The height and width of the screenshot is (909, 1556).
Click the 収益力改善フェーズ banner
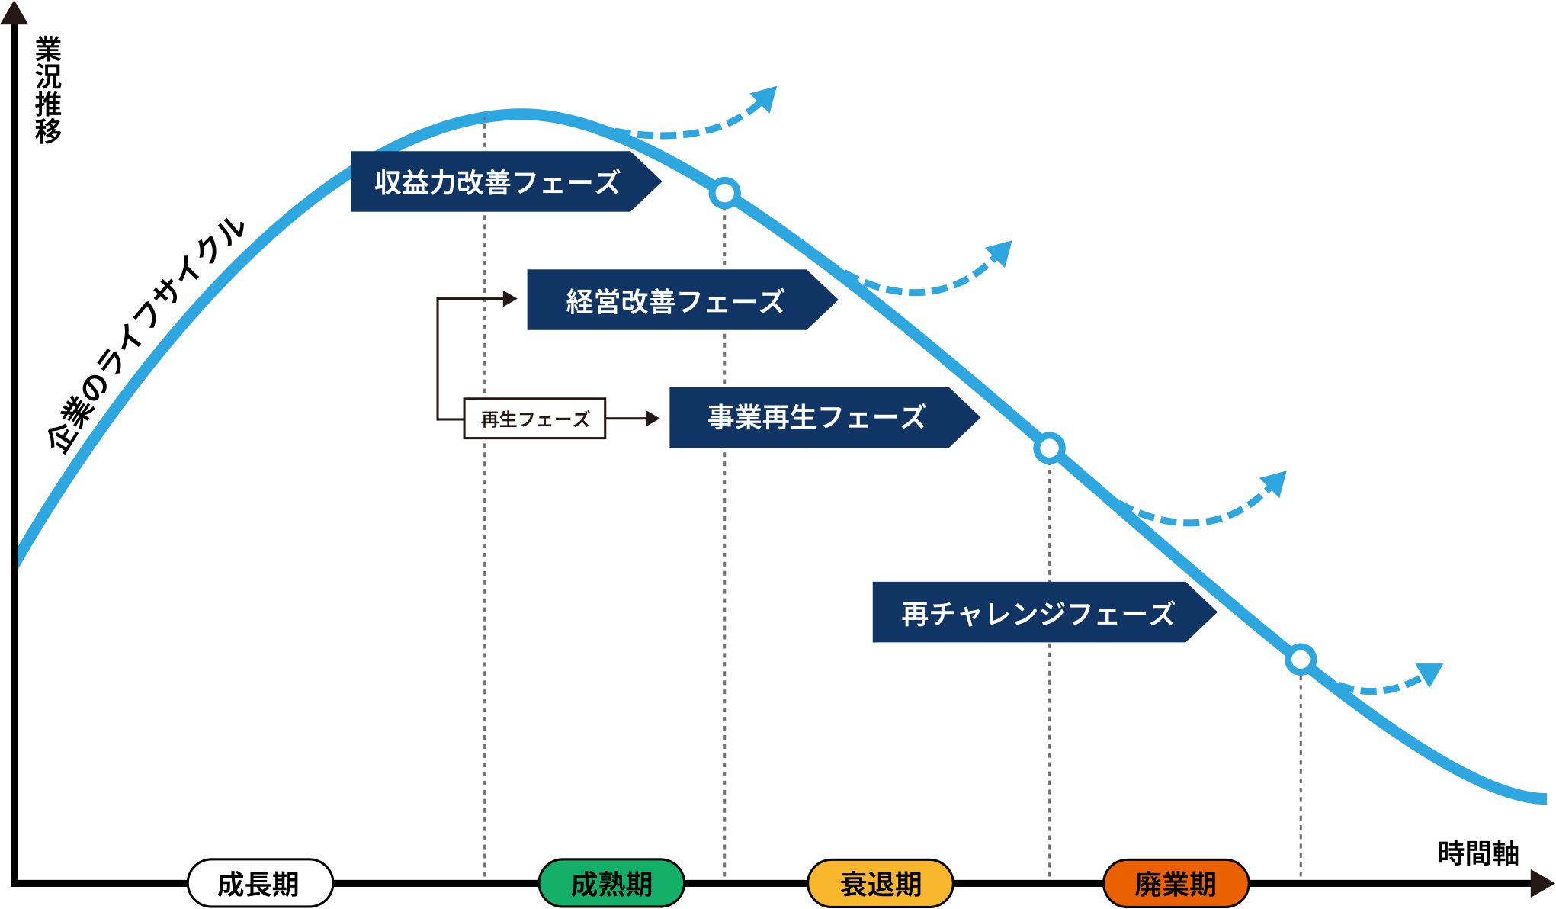(x=496, y=182)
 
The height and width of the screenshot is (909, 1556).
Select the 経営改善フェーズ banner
(x=674, y=300)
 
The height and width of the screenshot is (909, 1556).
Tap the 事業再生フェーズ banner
(x=816, y=417)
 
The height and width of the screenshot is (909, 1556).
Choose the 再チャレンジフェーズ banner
(x=1037, y=613)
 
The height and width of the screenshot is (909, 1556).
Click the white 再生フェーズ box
(x=534, y=419)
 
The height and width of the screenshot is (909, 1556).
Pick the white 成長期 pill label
(x=260, y=883)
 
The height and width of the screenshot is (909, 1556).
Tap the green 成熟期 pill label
(x=611, y=883)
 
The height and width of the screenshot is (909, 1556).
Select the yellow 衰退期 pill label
(x=881, y=883)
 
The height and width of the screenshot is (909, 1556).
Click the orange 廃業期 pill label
(x=1176, y=883)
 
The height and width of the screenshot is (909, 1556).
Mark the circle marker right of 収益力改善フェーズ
(x=724, y=193)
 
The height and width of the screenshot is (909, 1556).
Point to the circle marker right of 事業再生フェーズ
(x=1049, y=448)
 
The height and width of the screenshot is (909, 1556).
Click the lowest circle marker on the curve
(x=1301, y=660)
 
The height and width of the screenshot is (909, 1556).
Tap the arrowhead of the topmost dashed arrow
(x=765, y=98)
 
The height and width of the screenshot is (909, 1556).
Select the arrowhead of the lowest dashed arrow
(x=1431, y=673)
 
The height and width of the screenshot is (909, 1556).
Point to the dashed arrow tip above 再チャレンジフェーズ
(x=1275, y=483)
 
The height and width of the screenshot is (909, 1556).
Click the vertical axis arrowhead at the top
(x=14, y=13)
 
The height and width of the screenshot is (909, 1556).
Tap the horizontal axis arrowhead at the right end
(x=1542, y=883)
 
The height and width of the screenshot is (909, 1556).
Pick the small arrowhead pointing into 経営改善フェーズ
(x=510, y=299)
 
